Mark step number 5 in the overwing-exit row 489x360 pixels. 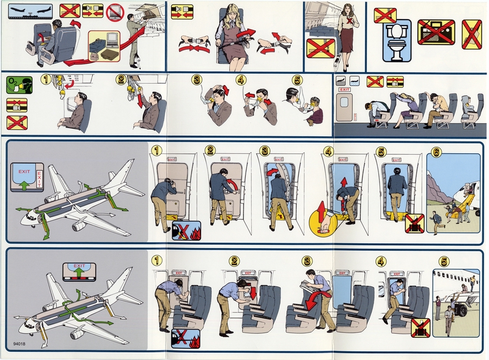click(444, 261)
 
